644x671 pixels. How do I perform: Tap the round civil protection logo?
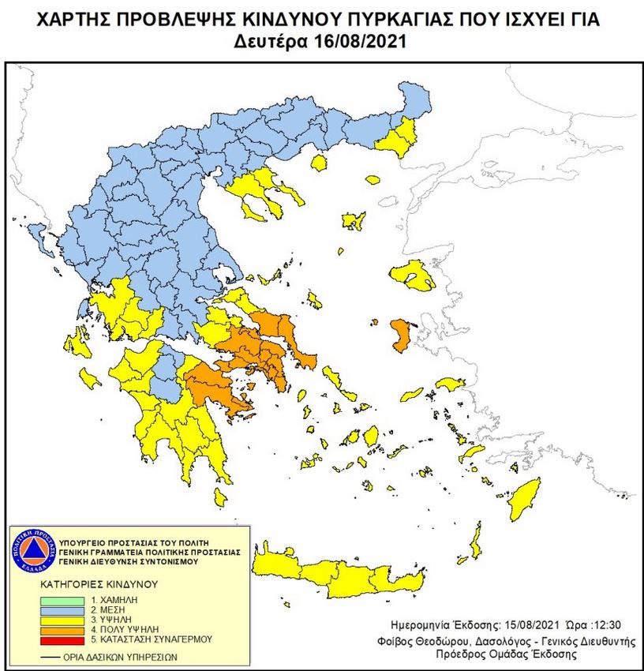point(32,549)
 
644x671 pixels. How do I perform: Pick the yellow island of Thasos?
point(319,163)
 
